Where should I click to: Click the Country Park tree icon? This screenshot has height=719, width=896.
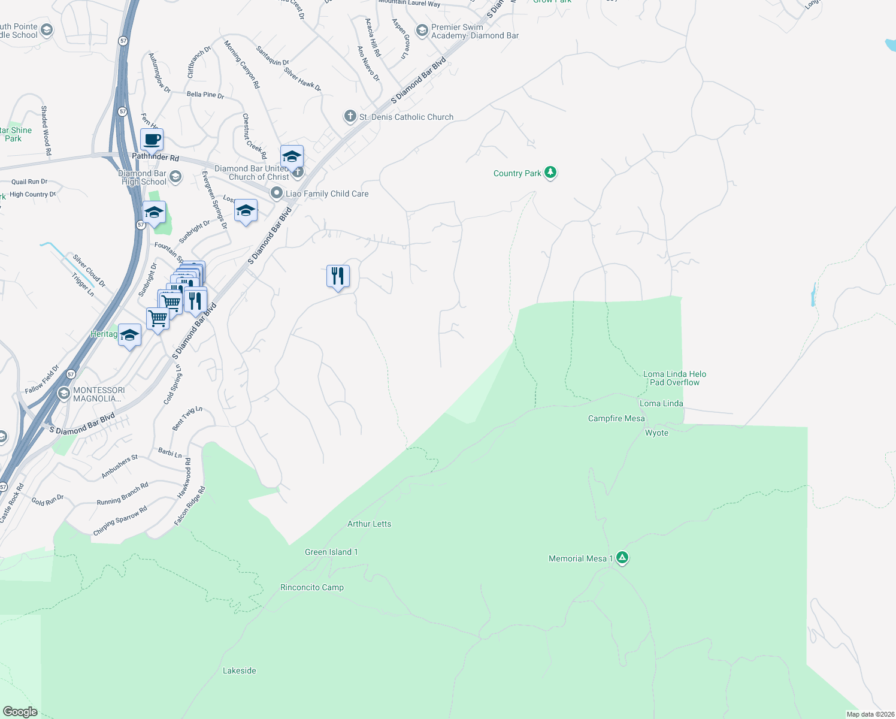tap(550, 173)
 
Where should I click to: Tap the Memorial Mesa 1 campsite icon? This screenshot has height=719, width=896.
tap(622, 558)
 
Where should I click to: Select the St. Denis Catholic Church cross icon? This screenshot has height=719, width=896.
tap(350, 116)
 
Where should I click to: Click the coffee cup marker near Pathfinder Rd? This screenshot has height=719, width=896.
tap(152, 140)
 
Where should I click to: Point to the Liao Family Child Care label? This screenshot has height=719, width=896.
tap(327, 194)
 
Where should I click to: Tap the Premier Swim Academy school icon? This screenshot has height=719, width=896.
tap(422, 30)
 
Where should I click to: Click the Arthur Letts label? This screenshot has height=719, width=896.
tap(369, 524)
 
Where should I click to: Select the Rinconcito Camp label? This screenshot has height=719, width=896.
tap(311, 587)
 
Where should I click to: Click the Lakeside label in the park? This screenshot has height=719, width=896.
tap(239, 670)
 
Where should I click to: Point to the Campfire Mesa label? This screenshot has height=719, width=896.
tap(616, 418)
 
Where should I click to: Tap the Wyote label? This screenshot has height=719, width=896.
tap(656, 433)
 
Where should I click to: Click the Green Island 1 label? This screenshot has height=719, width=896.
tap(331, 552)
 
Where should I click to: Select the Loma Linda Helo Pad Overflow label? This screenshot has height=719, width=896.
tap(674, 378)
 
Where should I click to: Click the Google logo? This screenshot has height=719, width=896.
tap(20, 711)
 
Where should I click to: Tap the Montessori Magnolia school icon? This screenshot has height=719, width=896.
tap(63, 394)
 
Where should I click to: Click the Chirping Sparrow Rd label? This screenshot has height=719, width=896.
tap(120, 521)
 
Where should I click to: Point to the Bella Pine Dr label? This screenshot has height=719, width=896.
tap(205, 95)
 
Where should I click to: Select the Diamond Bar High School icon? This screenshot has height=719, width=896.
tap(175, 176)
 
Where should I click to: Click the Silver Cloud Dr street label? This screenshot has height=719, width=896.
tap(89, 270)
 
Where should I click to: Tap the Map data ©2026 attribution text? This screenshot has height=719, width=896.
tap(870, 714)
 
